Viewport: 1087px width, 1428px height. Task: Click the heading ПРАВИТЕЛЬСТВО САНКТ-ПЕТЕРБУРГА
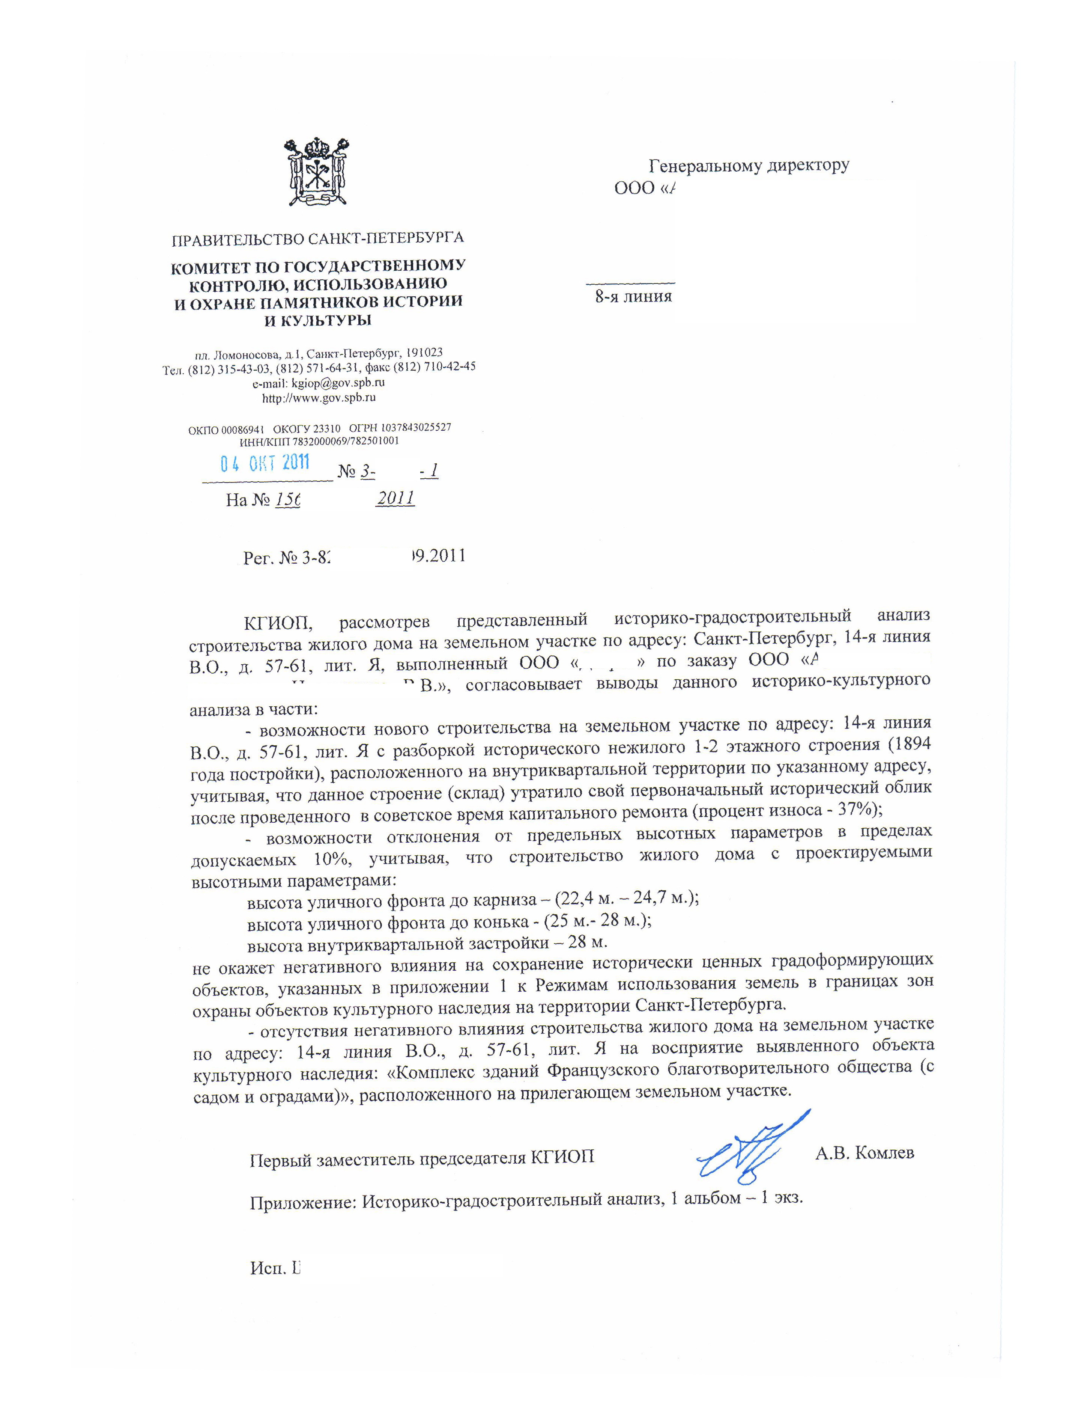(318, 239)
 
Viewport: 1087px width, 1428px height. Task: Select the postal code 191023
(423, 353)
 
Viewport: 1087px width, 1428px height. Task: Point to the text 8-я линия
(633, 297)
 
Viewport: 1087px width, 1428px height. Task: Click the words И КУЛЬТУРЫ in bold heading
(318, 320)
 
